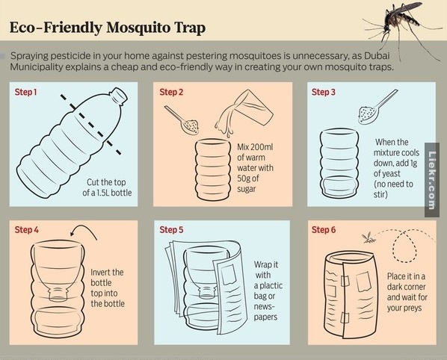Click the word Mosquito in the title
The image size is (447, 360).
pos(138,28)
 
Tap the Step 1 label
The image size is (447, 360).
pos(25,93)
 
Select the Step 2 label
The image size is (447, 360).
pos(171,93)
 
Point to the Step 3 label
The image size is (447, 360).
pos(324,93)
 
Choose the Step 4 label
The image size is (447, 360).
pos(26,230)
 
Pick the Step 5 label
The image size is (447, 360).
pos(171,230)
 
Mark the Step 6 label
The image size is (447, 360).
pos(324,230)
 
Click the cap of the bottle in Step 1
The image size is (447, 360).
pos(119,95)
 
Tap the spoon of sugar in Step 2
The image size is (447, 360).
pos(182,120)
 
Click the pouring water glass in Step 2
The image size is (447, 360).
pos(244,113)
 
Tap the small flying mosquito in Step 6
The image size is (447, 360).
pos(369,238)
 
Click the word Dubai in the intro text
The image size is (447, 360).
pos(377,55)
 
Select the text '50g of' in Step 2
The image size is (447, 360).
pos(248,179)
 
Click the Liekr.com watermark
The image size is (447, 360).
pos(432,180)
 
